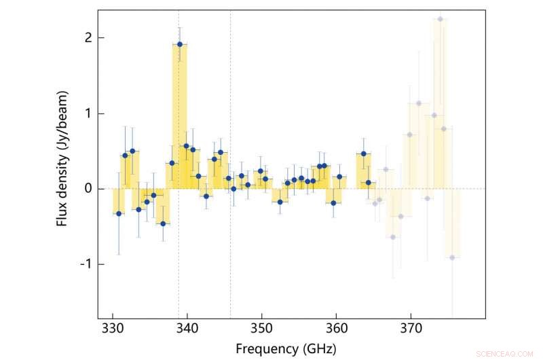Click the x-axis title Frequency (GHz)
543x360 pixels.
pyautogui.click(x=286, y=348)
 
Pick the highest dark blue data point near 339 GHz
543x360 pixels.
pyautogui.click(x=180, y=44)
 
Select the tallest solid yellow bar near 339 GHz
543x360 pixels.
pyautogui.click(x=180, y=115)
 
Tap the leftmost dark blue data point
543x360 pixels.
pyautogui.click(x=119, y=213)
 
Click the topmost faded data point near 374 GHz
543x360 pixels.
pyautogui.click(x=440, y=19)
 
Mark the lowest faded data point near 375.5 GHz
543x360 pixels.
pyautogui.click(x=452, y=257)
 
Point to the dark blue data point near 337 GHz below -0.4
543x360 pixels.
pyautogui.click(x=163, y=223)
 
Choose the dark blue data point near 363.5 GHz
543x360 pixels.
pyautogui.click(x=363, y=154)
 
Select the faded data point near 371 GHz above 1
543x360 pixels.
pyautogui.click(x=419, y=103)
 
